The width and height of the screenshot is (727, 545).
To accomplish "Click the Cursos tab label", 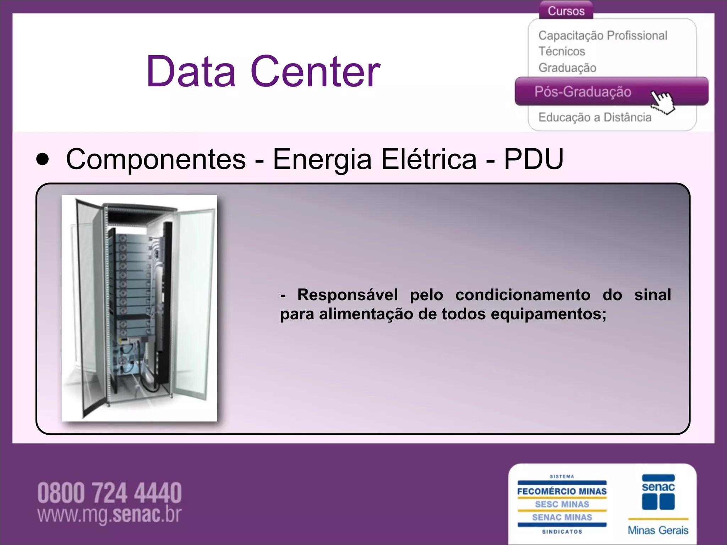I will pyautogui.click(x=566, y=11).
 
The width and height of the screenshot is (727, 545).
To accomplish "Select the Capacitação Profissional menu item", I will pyautogui.click(x=602, y=35).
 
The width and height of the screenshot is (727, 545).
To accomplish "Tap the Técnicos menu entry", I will pyautogui.click(x=562, y=51).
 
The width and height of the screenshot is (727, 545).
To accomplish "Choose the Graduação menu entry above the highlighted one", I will pyautogui.click(x=567, y=68).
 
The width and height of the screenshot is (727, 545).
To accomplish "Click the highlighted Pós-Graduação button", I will pyautogui.click(x=583, y=92).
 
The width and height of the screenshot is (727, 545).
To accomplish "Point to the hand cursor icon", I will pyautogui.click(x=662, y=102).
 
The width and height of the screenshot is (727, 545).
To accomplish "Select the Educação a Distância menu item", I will pyautogui.click(x=595, y=117).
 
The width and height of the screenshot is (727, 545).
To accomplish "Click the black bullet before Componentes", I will pyautogui.click(x=43, y=160).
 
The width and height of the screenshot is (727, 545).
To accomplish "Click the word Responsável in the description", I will pyautogui.click(x=347, y=295).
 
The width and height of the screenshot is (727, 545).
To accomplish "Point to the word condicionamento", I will pyautogui.click(x=523, y=295).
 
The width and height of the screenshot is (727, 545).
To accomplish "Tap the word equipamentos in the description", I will pyautogui.click(x=548, y=314).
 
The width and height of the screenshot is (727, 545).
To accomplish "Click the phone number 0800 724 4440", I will pyautogui.click(x=109, y=493).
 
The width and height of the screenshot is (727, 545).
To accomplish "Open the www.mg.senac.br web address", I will pyautogui.click(x=109, y=515).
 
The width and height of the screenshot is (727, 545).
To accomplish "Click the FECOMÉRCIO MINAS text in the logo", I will pyautogui.click(x=562, y=491).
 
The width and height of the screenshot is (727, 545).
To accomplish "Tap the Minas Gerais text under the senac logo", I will pyautogui.click(x=658, y=530).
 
